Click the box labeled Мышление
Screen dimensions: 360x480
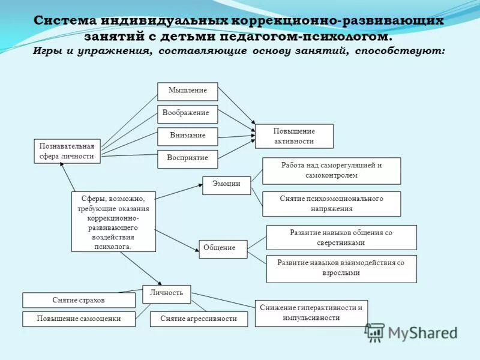[x=187, y=91]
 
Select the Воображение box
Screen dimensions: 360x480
[x=187, y=113]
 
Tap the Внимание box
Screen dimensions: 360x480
[x=187, y=136]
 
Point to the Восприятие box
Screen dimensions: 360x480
[x=187, y=158]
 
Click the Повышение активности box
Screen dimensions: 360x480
[x=294, y=136]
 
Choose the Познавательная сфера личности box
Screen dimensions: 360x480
[x=67, y=151]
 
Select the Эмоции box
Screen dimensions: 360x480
[x=226, y=185]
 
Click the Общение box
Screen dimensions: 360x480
[x=223, y=248]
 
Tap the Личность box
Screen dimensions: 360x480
[x=166, y=294]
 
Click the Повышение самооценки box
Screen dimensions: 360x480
[x=79, y=319]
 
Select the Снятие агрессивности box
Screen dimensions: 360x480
[x=199, y=319]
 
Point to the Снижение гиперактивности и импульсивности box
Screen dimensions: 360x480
[x=311, y=313]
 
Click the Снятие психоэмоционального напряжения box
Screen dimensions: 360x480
[x=331, y=204]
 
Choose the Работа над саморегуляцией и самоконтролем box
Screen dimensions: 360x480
[x=331, y=170]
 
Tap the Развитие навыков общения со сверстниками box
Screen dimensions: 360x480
[x=341, y=238]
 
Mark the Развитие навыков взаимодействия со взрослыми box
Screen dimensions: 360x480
[x=341, y=268]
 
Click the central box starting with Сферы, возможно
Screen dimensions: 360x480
[x=113, y=221]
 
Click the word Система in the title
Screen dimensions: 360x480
[x=65, y=20]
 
